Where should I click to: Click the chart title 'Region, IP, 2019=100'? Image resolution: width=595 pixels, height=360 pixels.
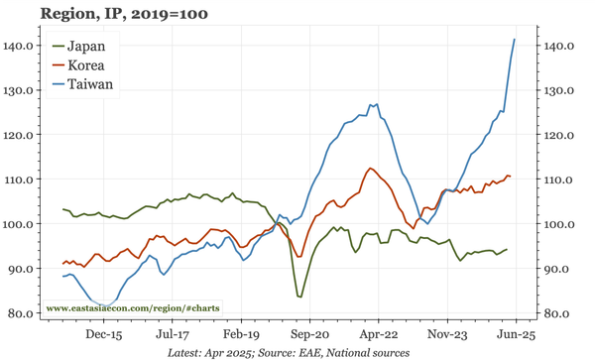click(x=124, y=14)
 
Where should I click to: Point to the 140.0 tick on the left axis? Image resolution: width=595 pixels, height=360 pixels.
click(x=21, y=46)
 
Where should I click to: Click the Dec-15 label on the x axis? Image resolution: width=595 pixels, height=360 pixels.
click(x=103, y=335)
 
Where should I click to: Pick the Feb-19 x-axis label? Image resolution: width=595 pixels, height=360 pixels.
click(x=241, y=335)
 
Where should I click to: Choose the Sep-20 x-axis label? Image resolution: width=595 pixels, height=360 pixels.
click(x=309, y=335)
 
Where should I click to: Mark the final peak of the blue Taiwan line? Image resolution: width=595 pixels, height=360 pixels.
click(x=515, y=40)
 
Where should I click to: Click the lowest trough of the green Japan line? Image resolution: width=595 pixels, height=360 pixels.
click(x=299, y=297)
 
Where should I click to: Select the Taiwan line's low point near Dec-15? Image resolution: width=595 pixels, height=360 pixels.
click(x=103, y=305)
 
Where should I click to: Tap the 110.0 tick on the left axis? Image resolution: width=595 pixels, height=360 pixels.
click(x=21, y=180)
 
